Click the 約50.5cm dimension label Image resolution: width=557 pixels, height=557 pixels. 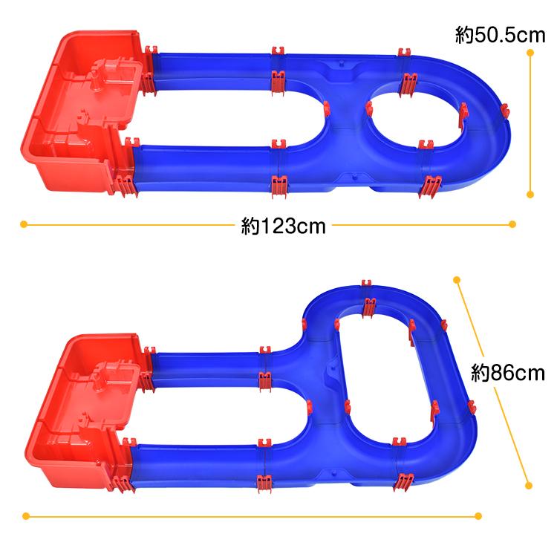click(x=500, y=35)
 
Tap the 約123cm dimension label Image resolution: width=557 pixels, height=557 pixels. click(x=283, y=226)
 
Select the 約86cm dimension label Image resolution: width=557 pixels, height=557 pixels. click(x=508, y=373)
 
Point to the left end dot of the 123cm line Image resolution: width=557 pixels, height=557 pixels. click(x=24, y=224)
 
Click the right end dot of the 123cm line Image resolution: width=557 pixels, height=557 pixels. click(x=512, y=224)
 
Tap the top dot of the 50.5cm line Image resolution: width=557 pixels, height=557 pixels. click(x=530, y=53)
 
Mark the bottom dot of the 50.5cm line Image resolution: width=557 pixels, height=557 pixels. click(x=530, y=195)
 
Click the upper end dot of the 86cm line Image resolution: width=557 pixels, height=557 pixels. click(x=457, y=280)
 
